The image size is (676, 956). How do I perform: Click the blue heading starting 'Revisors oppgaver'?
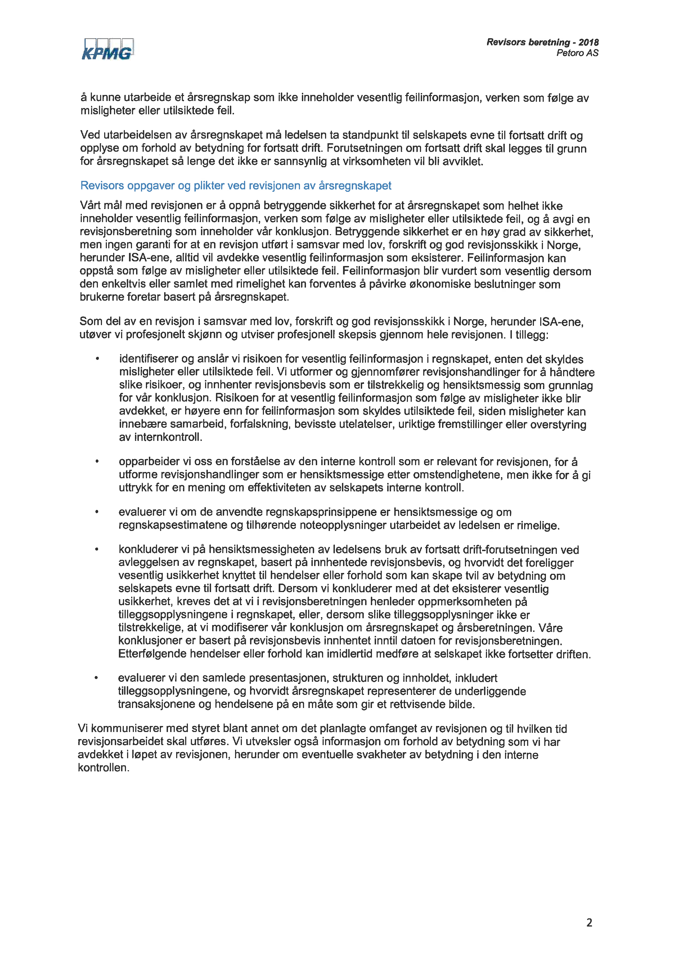(x=236, y=186)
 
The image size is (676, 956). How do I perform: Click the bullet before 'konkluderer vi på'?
(x=97, y=549)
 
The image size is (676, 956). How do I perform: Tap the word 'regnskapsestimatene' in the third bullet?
(x=175, y=525)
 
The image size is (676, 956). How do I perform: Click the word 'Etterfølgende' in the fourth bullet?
(x=152, y=654)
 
